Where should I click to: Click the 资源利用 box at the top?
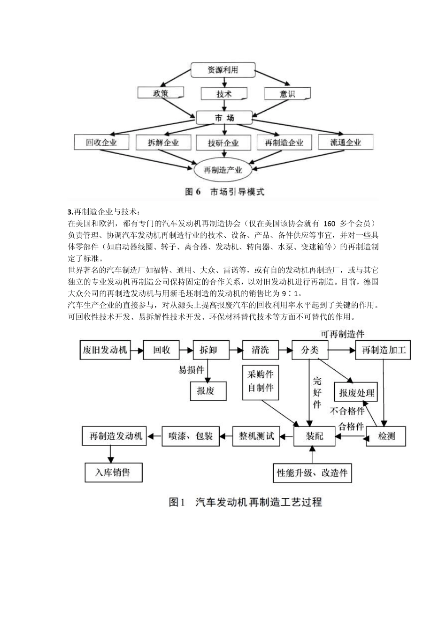(x=223, y=70)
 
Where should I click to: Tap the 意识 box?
(x=287, y=93)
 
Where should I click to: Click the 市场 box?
(x=224, y=118)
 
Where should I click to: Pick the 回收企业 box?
(x=101, y=142)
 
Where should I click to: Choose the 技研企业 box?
(x=223, y=142)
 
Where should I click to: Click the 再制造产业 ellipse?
(x=223, y=170)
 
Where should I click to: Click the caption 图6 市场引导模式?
(x=224, y=192)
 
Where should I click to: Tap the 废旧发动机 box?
(x=105, y=350)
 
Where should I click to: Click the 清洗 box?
(x=260, y=350)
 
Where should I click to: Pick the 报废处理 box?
(x=357, y=392)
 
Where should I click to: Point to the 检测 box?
(x=386, y=436)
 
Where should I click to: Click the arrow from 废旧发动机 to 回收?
(x=136, y=350)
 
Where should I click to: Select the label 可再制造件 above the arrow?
(x=342, y=334)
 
